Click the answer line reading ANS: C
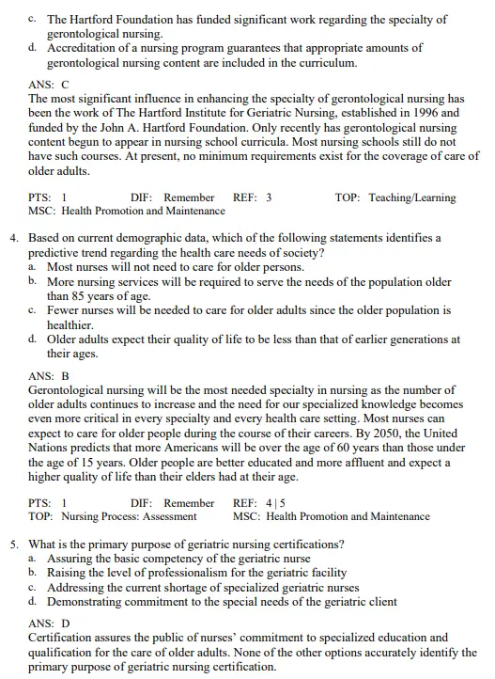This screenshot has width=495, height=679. point(49,84)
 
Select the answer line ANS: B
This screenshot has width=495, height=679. point(49,374)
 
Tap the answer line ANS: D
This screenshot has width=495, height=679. point(49,623)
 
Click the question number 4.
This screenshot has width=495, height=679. point(15,239)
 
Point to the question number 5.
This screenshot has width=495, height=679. point(15,544)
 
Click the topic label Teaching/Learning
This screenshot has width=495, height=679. point(411,197)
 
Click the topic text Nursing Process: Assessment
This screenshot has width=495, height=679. point(129,516)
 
